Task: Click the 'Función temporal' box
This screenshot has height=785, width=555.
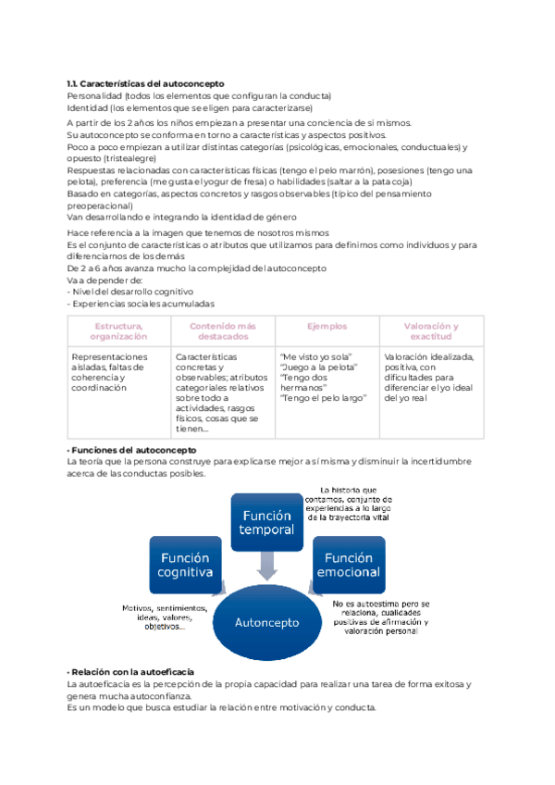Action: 266,522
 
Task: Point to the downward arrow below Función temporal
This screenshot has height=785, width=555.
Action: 267,564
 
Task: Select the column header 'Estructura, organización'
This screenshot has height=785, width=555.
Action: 118,331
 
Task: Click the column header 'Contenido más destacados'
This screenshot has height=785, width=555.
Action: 222,331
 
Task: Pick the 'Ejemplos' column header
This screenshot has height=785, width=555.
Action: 327,326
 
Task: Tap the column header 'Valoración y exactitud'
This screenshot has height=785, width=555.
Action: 431,331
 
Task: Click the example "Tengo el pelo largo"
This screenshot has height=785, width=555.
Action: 323,398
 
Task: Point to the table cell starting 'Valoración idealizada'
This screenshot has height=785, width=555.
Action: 430,377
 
